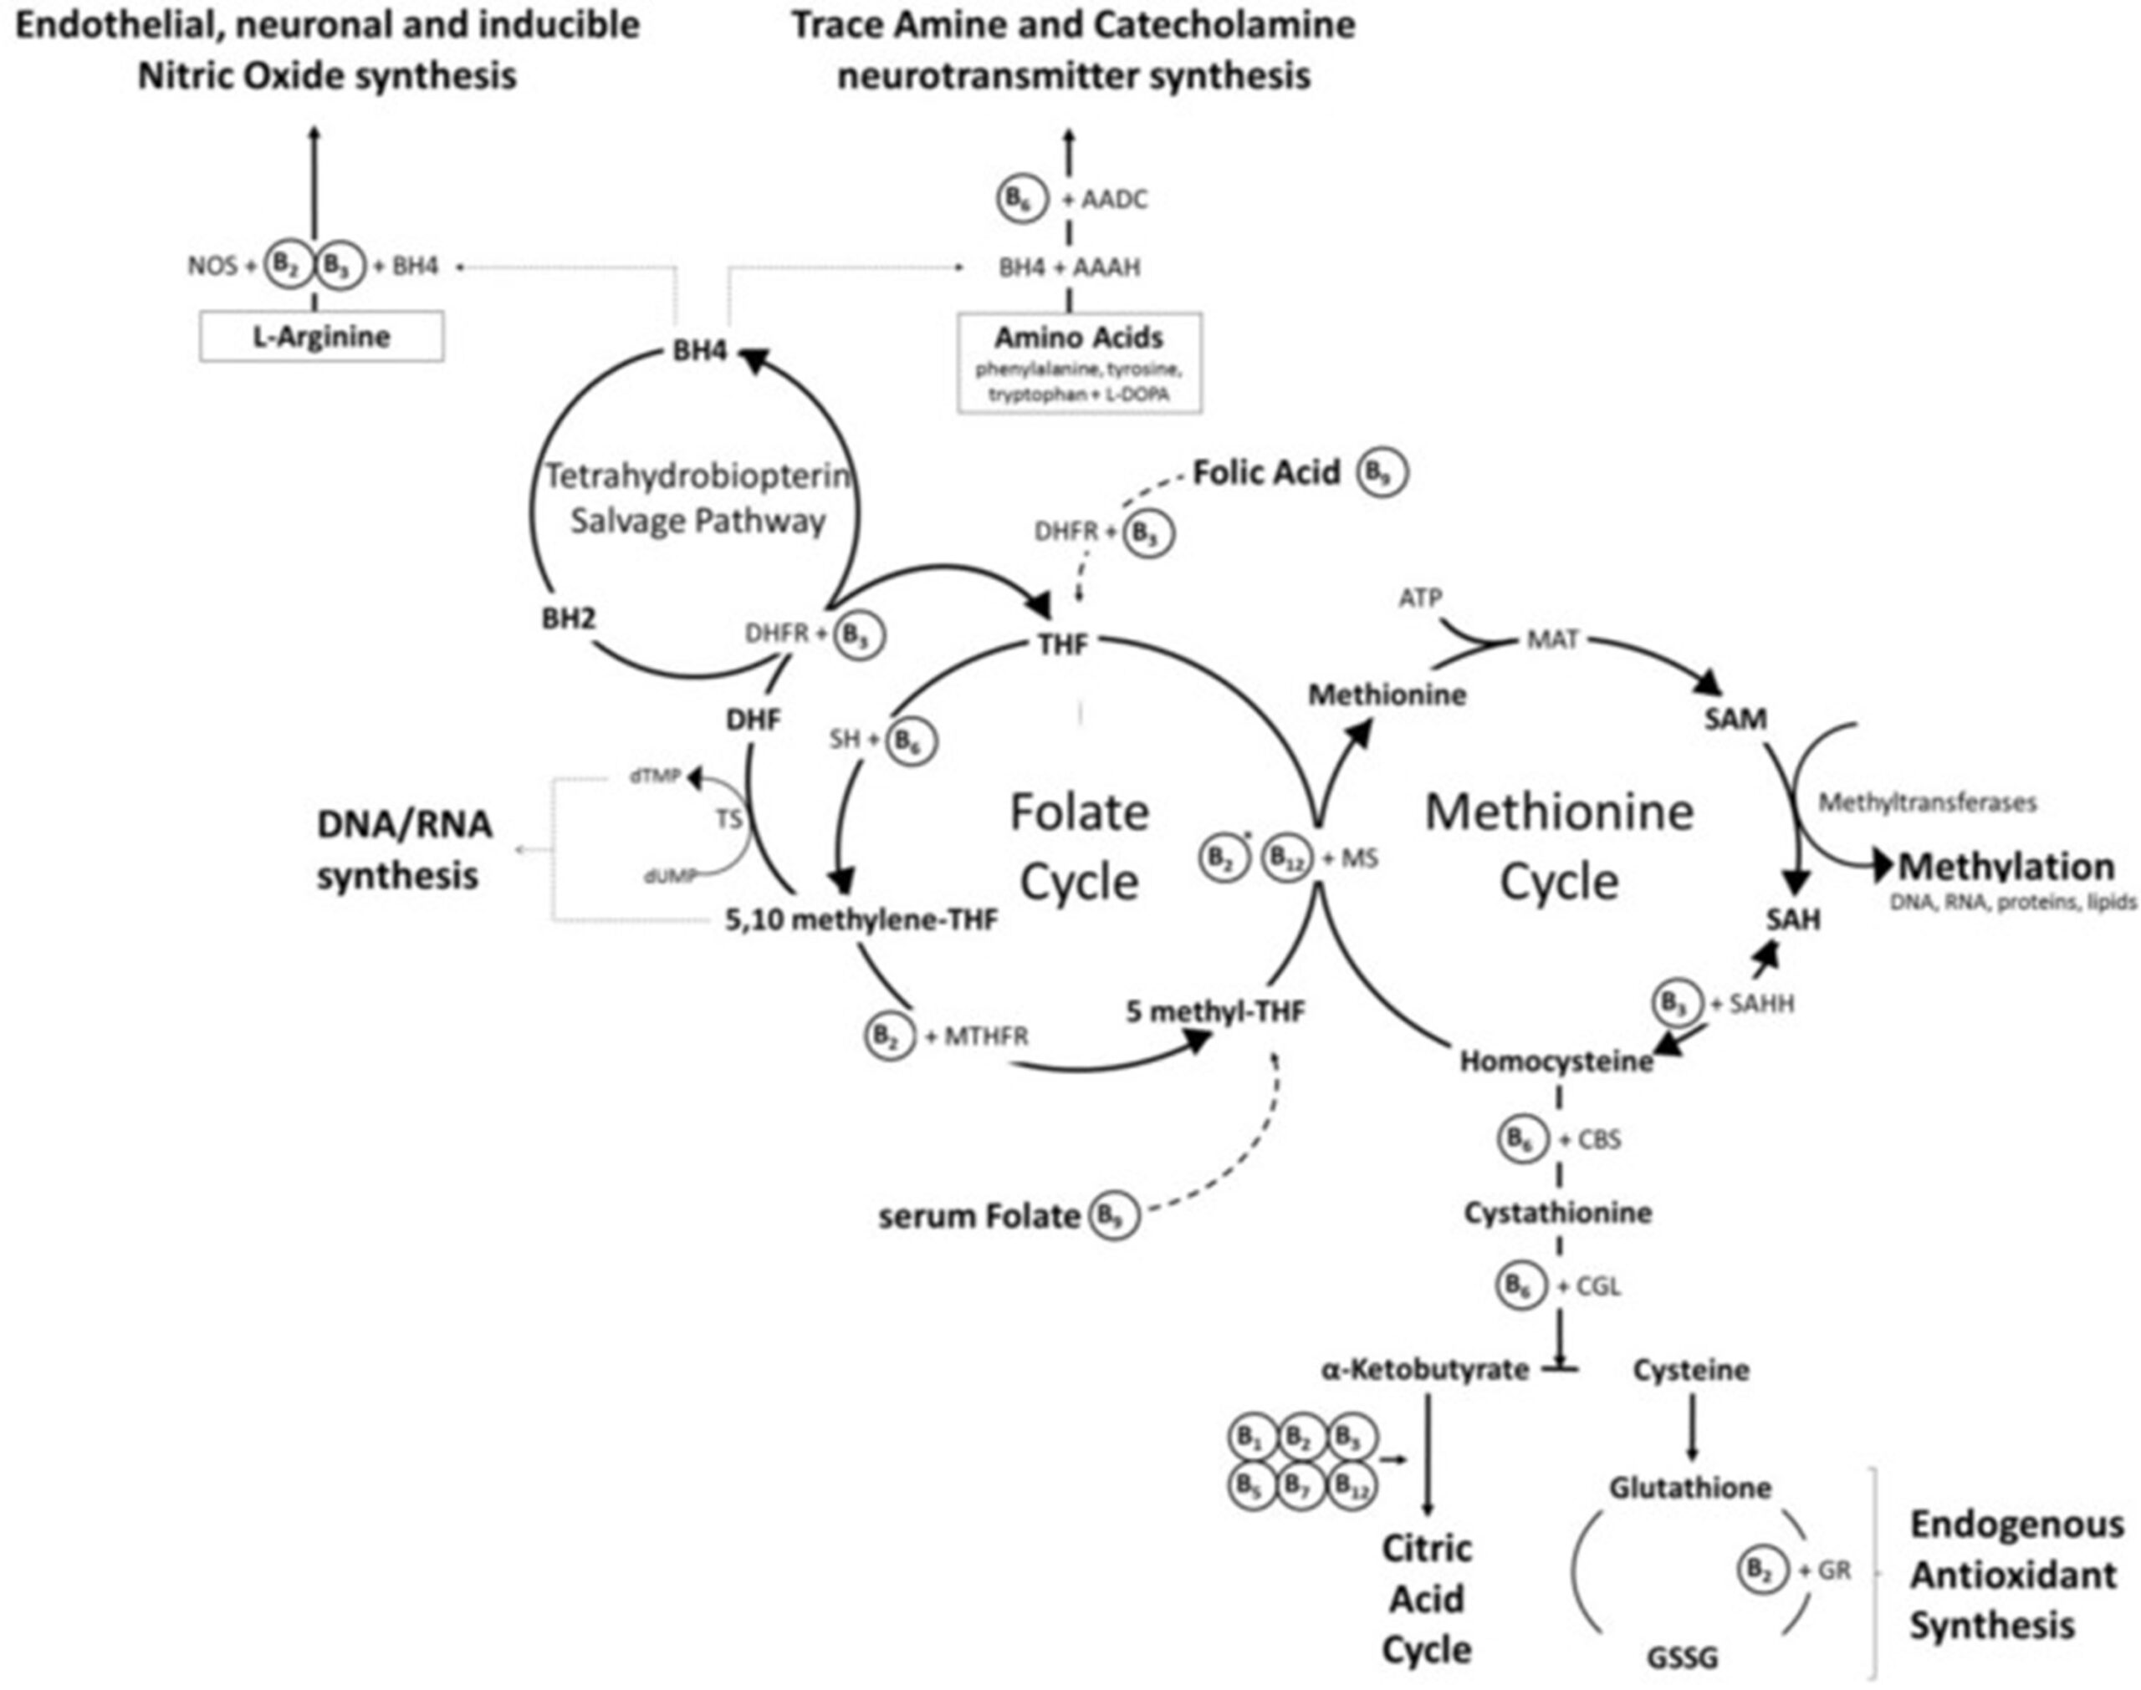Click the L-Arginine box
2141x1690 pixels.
coord(320,338)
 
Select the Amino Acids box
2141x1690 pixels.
coord(1079,363)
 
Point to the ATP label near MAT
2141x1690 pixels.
coord(1419,598)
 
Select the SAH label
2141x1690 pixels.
coord(1792,919)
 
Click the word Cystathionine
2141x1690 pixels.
coord(1557,1212)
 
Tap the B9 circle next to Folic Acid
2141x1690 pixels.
coord(1382,473)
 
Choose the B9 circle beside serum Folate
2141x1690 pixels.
coord(1115,1215)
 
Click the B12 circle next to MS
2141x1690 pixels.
coord(1285,859)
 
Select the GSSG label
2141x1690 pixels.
coord(1682,1657)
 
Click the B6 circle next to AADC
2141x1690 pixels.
coord(1019,199)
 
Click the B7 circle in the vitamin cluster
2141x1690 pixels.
coord(1300,1485)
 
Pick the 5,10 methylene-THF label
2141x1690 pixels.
coord(860,920)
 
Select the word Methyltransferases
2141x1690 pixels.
coord(1927,802)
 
